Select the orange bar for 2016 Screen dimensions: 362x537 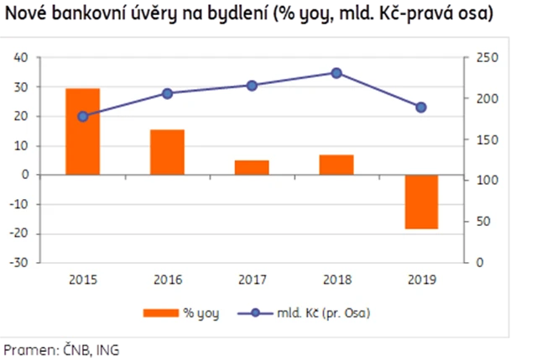coord(167,152)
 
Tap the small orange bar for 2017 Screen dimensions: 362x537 coord(252,167)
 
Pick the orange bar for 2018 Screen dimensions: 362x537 coord(336,165)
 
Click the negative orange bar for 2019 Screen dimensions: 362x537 coord(420,202)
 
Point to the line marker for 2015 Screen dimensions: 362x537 coord(83,116)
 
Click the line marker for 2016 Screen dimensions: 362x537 coord(167,93)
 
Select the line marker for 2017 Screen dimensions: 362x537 coord(252,85)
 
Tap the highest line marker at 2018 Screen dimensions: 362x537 coord(336,73)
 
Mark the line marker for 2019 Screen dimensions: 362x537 coord(420,108)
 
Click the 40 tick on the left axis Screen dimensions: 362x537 coord(21,57)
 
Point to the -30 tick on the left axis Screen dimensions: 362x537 coord(19,262)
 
